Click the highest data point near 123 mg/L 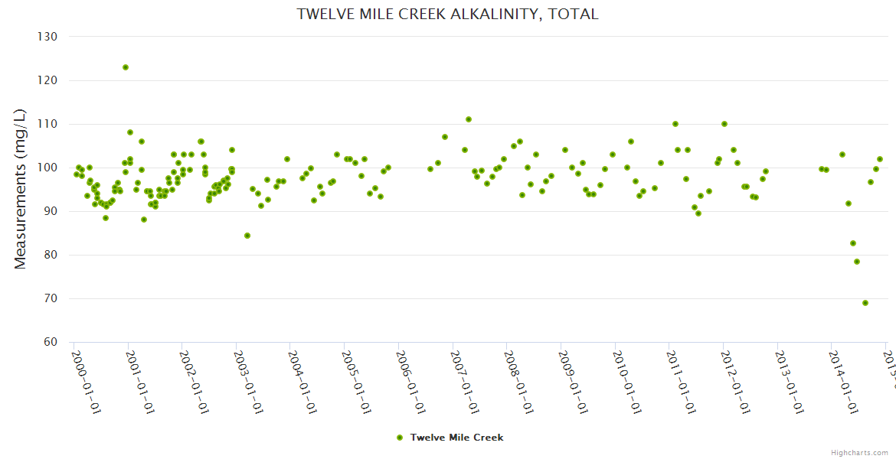pyautogui.click(x=126, y=67)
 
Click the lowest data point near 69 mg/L pyautogui.click(x=865, y=303)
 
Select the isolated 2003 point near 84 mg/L pyautogui.click(x=247, y=236)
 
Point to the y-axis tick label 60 pyautogui.click(x=51, y=342)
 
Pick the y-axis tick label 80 pyautogui.click(x=51, y=255)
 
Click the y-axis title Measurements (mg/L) pyautogui.click(x=21, y=189)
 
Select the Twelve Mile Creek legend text pyautogui.click(x=456, y=438)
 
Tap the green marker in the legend pyautogui.click(x=399, y=438)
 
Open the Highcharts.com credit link pyautogui.click(x=859, y=452)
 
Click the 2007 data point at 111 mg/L pyautogui.click(x=469, y=119)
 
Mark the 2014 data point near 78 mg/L pyautogui.click(x=857, y=262)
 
